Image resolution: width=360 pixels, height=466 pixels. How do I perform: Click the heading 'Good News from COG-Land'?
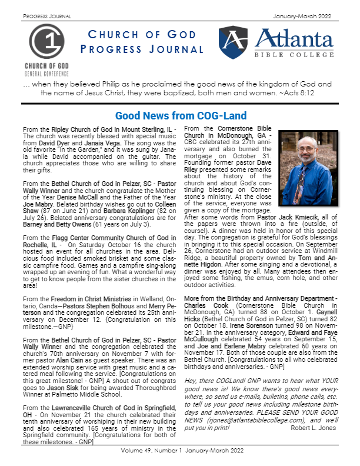pyautogui.click(x=172, y=116)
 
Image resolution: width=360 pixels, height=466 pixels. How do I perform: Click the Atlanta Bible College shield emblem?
pyautogui.click(x=235, y=41)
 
